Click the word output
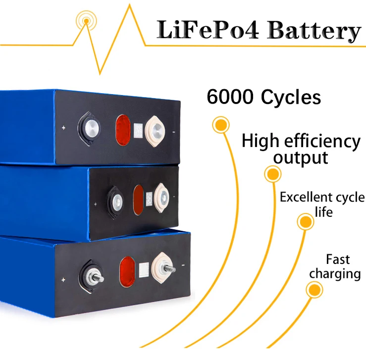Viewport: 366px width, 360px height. pyautogui.click(x=301, y=158)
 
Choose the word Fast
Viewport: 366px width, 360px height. pyautogui.click(x=338, y=259)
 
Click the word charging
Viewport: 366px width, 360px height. pyautogui.click(x=335, y=274)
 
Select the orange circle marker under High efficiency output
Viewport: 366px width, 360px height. pyautogui.click(x=272, y=174)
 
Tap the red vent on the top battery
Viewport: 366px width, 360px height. pyautogui.click(x=123, y=130)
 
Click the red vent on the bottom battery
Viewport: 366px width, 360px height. pyautogui.click(x=127, y=270)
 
